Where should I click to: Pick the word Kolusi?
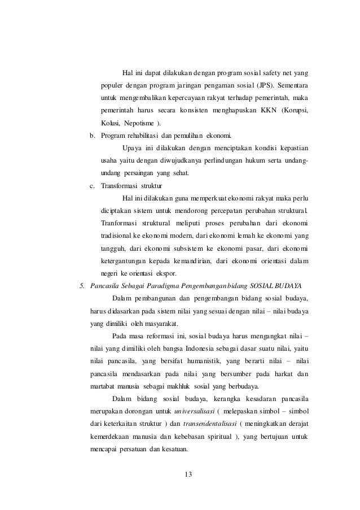tap(111, 124)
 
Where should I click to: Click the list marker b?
tap(93, 136)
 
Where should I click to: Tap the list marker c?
tap(93, 185)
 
